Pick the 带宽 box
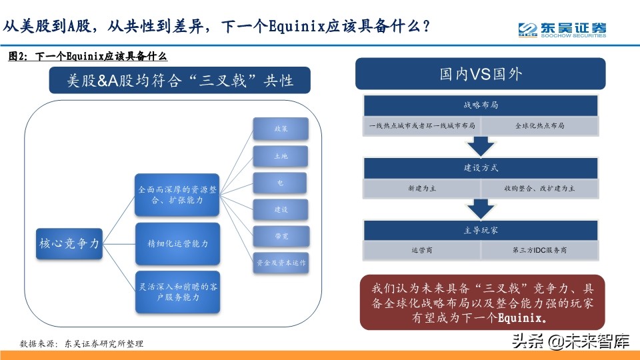(281, 237)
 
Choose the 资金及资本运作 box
(281, 263)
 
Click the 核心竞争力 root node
(69, 244)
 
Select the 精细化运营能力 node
(177, 244)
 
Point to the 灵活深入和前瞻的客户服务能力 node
(177, 291)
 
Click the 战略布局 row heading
(480, 105)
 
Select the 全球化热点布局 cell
(540, 125)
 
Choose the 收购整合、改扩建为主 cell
(540, 189)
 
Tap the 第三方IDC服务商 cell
(540, 251)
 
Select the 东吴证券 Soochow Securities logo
(562, 29)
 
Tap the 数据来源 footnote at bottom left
(82, 344)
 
